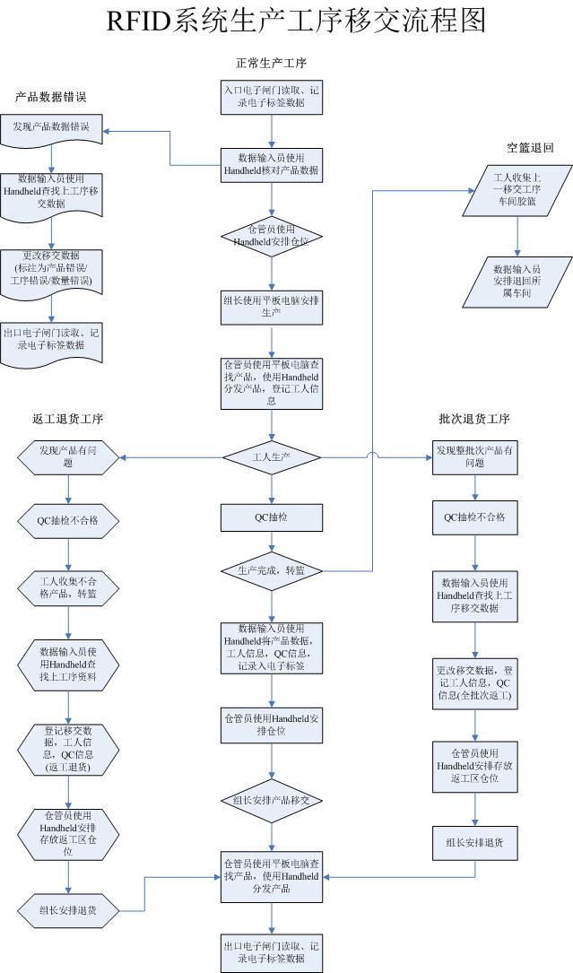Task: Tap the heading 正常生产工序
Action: coord(272,63)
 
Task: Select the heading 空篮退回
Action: coord(529,148)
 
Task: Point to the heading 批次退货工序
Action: coord(474,419)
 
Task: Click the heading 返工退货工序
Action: coord(67,419)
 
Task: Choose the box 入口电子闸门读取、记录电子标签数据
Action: coord(272,97)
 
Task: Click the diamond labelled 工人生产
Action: coord(272,457)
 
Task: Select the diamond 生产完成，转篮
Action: coord(272,570)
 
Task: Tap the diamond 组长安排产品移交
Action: coord(272,799)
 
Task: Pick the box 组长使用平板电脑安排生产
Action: coord(272,307)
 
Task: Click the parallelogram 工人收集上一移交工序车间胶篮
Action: coord(516,190)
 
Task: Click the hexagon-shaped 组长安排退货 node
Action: coord(68,910)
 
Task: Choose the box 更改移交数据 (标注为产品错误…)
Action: coord(52,270)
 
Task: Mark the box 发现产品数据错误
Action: coord(52,128)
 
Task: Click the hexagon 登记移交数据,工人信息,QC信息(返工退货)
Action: coord(68,749)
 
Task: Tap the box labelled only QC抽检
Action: coord(272,517)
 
